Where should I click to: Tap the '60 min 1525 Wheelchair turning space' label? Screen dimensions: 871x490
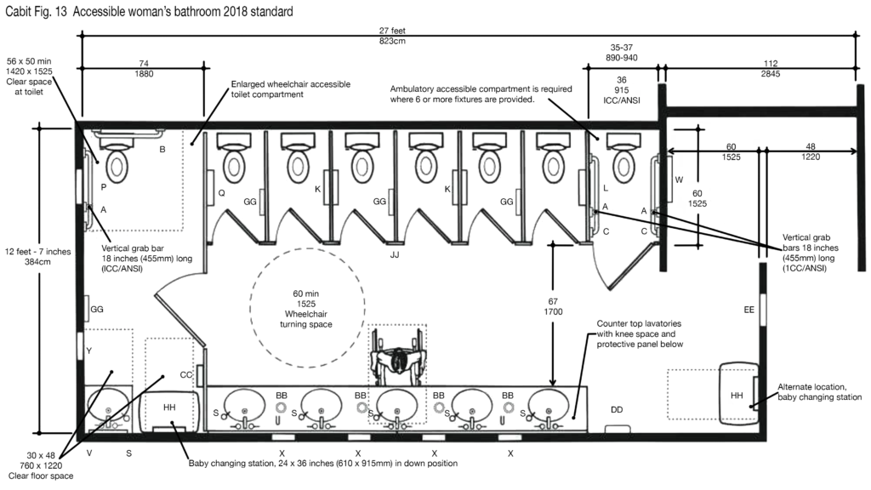306,309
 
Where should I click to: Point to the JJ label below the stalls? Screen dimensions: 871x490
395,255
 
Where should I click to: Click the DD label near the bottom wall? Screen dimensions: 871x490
617,410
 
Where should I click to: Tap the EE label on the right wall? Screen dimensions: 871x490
749,310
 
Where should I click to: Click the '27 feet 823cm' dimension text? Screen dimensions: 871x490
392,36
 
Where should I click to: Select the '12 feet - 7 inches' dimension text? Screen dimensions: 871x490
38,252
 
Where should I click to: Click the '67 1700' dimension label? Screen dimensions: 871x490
553,306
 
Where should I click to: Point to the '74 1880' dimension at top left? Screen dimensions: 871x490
144,68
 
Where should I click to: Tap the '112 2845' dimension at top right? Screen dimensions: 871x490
771,68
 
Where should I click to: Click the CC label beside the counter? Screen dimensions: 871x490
186,375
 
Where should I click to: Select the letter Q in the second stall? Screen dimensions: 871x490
222,193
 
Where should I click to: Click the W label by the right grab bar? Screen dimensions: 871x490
679,180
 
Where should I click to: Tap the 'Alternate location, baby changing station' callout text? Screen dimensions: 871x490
819,392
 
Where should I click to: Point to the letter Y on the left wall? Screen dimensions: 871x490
88,351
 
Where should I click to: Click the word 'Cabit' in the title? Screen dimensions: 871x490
18,11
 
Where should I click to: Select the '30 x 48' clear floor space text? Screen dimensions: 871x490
42,456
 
